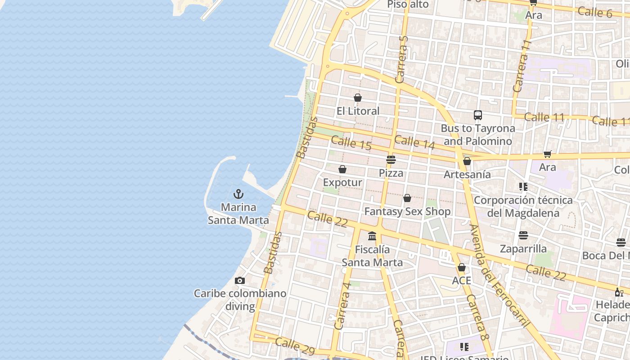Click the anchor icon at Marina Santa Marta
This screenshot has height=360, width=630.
click(x=238, y=194)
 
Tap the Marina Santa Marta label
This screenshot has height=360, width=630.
click(x=238, y=214)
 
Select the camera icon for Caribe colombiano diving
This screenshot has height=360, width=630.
click(x=240, y=280)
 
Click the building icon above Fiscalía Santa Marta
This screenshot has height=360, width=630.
click(x=372, y=236)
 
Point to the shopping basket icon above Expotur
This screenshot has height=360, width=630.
click(x=342, y=169)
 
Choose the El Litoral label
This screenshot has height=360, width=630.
click(x=358, y=111)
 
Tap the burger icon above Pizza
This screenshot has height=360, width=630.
click(x=391, y=160)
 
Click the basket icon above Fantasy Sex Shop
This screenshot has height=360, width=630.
click(x=407, y=198)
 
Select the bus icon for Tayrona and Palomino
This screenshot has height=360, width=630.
click(x=478, y=115)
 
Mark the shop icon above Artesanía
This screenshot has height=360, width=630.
click(x=467, y=161)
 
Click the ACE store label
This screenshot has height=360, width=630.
click(x=462, y=281)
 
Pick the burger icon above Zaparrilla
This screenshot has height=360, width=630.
click(x=523, y=235)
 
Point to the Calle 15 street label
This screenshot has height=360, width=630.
click(x=351, y=143)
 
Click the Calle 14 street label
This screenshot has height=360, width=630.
click(x=414, y=142)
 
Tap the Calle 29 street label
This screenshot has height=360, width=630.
click(x=295, y=346)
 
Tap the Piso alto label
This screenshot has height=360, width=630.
click(x=408, y=4)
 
